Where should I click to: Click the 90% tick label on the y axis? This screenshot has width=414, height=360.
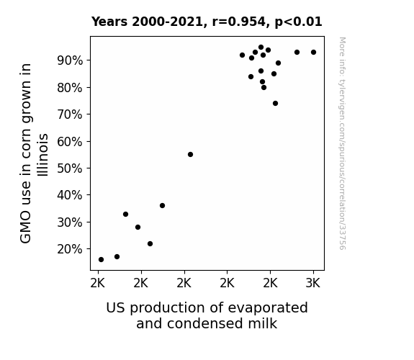click(70, 60)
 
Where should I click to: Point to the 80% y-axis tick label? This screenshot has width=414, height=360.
click(70, 88)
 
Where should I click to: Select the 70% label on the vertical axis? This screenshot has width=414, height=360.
click(70, 114)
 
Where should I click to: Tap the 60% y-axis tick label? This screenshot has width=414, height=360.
click(70, 142)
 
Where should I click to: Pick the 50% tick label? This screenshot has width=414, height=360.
click(70, 168)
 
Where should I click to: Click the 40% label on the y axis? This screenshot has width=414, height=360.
click(70, 195)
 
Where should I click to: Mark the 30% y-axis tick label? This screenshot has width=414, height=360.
click(70, 222)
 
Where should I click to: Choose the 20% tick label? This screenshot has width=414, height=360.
click(70, 249)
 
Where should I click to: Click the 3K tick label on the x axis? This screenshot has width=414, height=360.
click(313, 284)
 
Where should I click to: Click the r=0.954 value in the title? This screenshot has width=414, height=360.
click(239, 22)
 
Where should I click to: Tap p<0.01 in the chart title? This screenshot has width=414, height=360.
click(298, 22)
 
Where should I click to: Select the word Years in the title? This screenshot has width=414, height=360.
click(109, 22)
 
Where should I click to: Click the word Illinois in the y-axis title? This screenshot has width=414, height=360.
click(43, 155)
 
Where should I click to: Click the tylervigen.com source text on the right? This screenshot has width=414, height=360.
click(342, 143)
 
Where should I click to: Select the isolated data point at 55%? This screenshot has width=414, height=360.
click(190, 155)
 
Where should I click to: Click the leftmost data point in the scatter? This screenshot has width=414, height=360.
click(101, 260)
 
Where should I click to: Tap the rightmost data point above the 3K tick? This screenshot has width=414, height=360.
click(313, 53)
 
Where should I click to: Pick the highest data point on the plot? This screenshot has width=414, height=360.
click(261, 48)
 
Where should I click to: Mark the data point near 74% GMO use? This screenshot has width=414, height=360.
click(275, 103)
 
